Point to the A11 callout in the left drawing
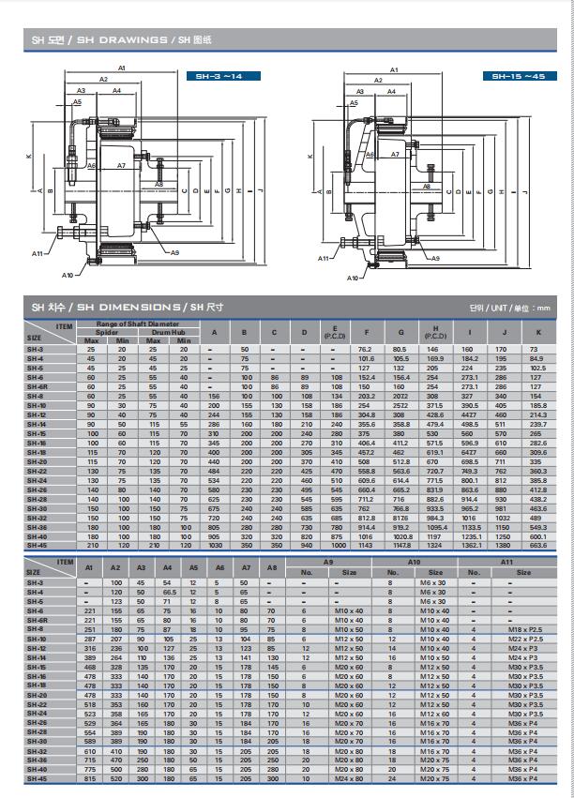click(x=37, y=253)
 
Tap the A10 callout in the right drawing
click(x=353, y=278)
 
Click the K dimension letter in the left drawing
click(x=29, y=156)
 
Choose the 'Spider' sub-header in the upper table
click(x=107, y=332)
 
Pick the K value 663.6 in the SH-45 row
click(x=537, y=545)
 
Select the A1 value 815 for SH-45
click(x=90, y=778)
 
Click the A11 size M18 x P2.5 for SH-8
click(x=523, y=629)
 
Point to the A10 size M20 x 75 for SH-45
click(x=434, y=778)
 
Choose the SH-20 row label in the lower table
click(x=36, y=695)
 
